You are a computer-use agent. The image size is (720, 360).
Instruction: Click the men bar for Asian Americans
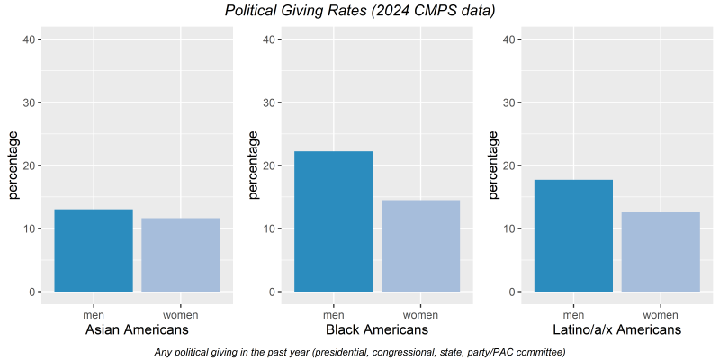[94, 250]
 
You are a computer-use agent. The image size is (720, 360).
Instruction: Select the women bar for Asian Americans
[181, 255]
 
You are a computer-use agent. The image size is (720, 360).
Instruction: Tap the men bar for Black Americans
[333, 221]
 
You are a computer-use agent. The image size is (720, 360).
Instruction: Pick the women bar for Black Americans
[420, 246]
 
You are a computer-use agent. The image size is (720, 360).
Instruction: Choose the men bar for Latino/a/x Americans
[573, 236]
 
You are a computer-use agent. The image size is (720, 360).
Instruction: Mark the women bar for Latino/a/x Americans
[661, 252]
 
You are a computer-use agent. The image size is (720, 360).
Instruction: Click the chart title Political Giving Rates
[359, 11]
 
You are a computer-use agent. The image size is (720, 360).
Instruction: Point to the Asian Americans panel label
[137, 329]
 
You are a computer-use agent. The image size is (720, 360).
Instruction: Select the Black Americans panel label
[377, 329]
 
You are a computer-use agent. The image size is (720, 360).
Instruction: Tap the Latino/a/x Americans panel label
[617, 329]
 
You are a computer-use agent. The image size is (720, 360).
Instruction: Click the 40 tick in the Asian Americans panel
[29, 40]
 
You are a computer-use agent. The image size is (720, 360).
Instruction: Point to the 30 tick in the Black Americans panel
[268, 103]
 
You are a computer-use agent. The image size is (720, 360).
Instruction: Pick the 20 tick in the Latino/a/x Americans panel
[508, 166]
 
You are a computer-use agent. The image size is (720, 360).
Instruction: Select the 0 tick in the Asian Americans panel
[31, 292]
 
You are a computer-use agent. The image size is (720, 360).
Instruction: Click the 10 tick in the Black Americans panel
[268, 229]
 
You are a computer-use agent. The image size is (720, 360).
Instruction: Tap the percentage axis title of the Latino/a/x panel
[493, 166]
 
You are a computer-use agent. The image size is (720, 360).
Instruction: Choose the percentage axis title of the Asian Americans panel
[13, 166]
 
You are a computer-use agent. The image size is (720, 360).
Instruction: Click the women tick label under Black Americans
[420, 315]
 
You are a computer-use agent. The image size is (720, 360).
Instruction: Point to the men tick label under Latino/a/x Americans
[573, 315]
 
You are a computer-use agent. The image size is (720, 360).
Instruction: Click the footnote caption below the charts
[360, 352]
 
